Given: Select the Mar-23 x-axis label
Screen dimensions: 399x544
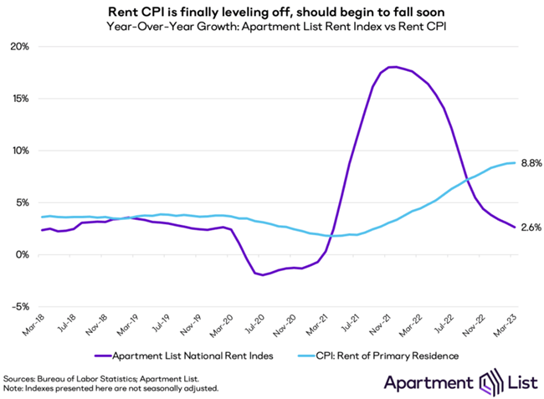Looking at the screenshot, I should point(500,325).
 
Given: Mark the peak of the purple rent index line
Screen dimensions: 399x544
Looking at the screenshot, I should point(392,67).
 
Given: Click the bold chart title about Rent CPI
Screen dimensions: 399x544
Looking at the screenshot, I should point(272,12).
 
